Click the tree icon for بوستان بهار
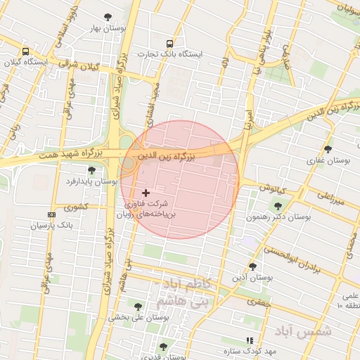click(x=108, y=17)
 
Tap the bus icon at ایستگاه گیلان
click(x=26, y=52)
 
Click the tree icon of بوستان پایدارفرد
click(x=91, y=170)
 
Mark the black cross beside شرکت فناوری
click(x=146, y=193)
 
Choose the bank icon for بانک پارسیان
click(x=51, y=214)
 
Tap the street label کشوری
click(x=76, y=207)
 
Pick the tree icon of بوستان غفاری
click(x=328, y=149)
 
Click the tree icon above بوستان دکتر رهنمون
click(x=278, y=206)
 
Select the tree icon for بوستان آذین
click(x=252, y=266)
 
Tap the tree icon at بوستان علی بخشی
click(x=137, y=307)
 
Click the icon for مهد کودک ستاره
click(x=249, y=340)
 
